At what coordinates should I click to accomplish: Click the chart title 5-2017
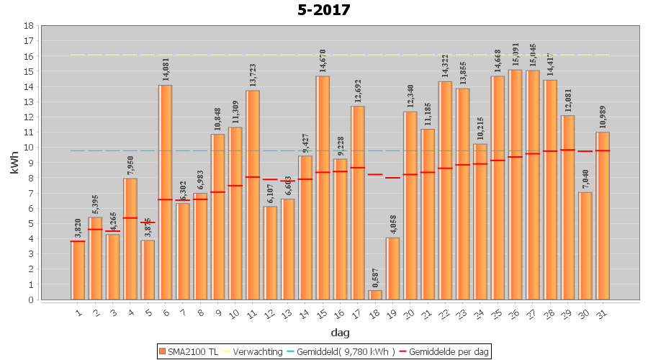click(324, 10)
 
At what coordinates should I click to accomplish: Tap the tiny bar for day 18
click(375, 295)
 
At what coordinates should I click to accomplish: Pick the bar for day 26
click(516, 184)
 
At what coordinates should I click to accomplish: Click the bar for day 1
click(78, 270)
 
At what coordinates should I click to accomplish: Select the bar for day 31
click(603, 216)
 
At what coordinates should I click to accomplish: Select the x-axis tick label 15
click(323, 314)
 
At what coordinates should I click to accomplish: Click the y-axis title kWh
click(14, 162)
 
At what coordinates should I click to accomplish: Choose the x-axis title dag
click(340, 333)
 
